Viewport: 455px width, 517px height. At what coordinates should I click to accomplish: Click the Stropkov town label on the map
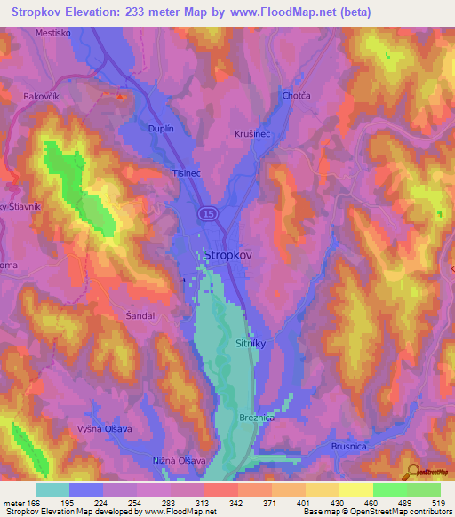click(x=228, y=254)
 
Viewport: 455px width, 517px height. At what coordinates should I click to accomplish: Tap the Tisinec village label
click(x=189, y=175)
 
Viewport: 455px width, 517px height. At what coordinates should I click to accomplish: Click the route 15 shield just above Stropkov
click(x=207, y=214)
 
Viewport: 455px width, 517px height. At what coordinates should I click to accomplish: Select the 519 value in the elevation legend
click(x=440, y=504)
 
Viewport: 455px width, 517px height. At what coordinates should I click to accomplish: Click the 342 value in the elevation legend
click(x=237, y=504)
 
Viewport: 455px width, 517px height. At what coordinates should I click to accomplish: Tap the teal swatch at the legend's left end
click(x=52, y=489)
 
